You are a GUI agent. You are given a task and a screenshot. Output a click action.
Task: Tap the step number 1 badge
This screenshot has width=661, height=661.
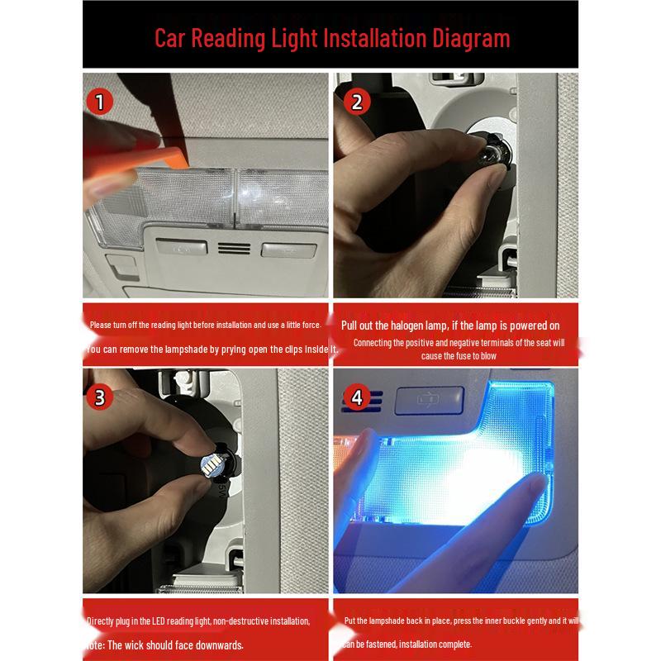[100, 102]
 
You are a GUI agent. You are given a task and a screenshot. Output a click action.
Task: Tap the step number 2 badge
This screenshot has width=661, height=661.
[357, 102]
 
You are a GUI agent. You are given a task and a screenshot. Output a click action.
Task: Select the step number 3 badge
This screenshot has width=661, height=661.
[100, 397]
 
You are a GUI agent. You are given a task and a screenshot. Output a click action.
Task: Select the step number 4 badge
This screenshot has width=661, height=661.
[357, 397]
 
